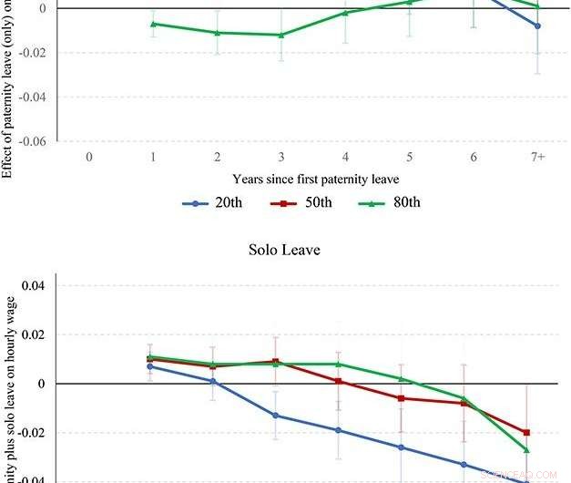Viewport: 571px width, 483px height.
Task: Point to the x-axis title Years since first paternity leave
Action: pyautogui.click(x=315, y=179)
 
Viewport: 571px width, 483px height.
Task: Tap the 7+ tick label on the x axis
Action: pyautogui.click(x=537, y=157)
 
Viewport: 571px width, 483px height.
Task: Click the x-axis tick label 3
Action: pyautogui.click(x=281, y=157)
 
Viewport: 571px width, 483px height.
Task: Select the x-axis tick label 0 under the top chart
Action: pyautogui.click(x=89, y=157)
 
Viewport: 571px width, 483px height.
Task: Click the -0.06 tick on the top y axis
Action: pyautogui.click(x=31, y=141)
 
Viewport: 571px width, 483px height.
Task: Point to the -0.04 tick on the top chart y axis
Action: pyautogui.click(x=31, y=97)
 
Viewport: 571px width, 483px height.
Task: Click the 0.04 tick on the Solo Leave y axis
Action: pyautogui.click(x=35, y=285)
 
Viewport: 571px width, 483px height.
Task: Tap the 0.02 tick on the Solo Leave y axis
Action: pyautogui.click(x=35, y=334)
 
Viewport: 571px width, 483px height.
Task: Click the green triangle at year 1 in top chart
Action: pyautogui.click(x=153, y=24)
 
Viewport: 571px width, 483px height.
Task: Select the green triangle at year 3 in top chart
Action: pyautogui.click(x=281, y=35)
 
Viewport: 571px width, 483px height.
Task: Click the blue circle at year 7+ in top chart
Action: pyautogui.click(x=537, y=26)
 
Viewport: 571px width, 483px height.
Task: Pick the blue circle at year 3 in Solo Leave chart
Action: pyautogui.click(x=277, y=416)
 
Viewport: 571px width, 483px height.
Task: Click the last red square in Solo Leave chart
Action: pyautogui.click(x=526, y=432)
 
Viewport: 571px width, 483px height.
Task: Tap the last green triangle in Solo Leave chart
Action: pyautogui.click(x=526, y=449)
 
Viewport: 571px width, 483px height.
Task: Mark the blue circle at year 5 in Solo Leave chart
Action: pyautogui.click(x=401, y=447)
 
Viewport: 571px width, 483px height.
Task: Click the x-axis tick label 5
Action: pyautogui.click(x=410, y=157)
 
